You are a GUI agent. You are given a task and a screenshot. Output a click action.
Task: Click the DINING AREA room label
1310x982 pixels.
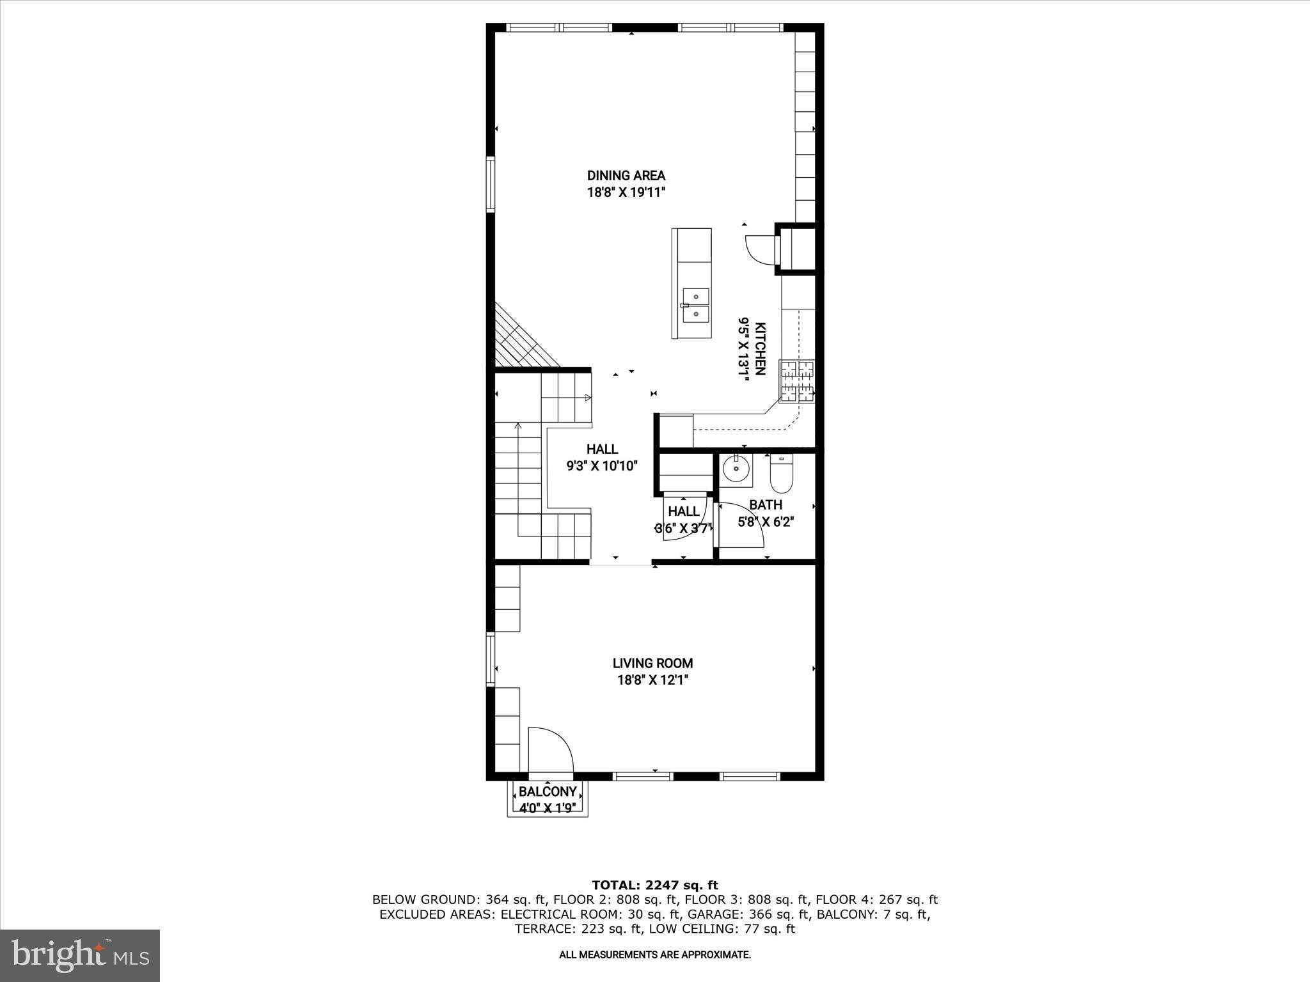(x=626, y=175)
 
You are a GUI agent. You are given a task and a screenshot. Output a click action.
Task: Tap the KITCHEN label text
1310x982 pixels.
(x=760, y=348)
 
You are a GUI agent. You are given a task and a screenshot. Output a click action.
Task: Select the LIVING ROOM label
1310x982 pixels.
(x=652, y=664)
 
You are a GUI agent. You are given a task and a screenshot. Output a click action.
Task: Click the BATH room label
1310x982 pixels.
(x=766, y=505)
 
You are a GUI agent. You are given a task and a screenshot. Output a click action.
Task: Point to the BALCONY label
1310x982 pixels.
(x=548, y=792)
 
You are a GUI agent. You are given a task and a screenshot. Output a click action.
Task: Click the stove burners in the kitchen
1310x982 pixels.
(x=797, y=382)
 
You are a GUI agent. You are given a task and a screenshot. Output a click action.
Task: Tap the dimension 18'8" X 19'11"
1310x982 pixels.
(x=626, y=192)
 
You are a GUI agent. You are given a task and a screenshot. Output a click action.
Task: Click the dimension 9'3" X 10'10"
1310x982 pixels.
(x=602, y=466)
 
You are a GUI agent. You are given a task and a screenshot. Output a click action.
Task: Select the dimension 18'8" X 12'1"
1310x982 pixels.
(x=652, y=680)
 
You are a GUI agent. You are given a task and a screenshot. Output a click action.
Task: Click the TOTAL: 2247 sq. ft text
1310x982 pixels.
(x=655, y=885)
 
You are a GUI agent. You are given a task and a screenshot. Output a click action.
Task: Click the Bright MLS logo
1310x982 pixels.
(x=80, y=955)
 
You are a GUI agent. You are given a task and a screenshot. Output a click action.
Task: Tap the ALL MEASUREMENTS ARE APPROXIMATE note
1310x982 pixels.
(x=655, y=955)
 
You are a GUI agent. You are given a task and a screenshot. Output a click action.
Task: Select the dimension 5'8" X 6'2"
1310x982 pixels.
(x=766, y=522)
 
